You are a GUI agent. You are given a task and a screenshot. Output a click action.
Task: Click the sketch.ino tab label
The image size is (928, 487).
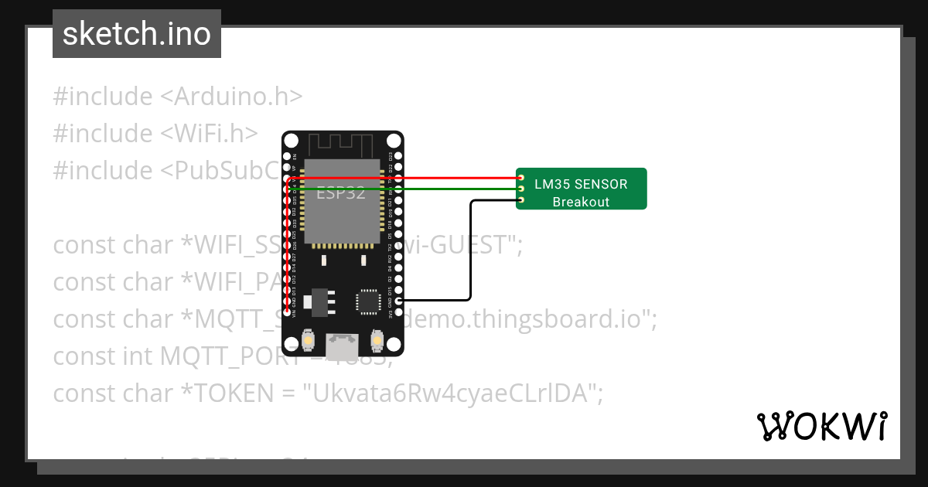coord(137,34)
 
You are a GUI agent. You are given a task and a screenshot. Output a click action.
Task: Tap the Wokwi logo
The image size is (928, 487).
coord(821,426)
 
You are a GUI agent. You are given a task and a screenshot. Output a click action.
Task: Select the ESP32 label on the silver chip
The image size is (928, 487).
coord(341,193)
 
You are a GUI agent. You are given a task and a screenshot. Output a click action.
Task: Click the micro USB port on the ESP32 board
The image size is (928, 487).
coord(341,346)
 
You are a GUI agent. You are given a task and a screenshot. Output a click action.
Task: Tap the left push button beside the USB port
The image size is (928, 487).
coord(308,339)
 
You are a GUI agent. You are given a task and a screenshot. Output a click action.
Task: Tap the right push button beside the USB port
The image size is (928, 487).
coord(377,339)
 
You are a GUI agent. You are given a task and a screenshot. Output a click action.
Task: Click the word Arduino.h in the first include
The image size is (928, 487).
coord(238,97)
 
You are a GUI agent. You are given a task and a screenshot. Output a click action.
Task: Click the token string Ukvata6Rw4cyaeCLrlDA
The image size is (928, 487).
coord(455,393)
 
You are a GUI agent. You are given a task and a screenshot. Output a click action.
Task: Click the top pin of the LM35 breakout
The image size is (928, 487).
coord(521,177)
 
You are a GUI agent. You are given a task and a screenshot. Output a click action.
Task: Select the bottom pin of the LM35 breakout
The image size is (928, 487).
coord(521,201)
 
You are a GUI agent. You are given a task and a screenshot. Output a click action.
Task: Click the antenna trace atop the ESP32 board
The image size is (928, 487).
coord(342,145)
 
